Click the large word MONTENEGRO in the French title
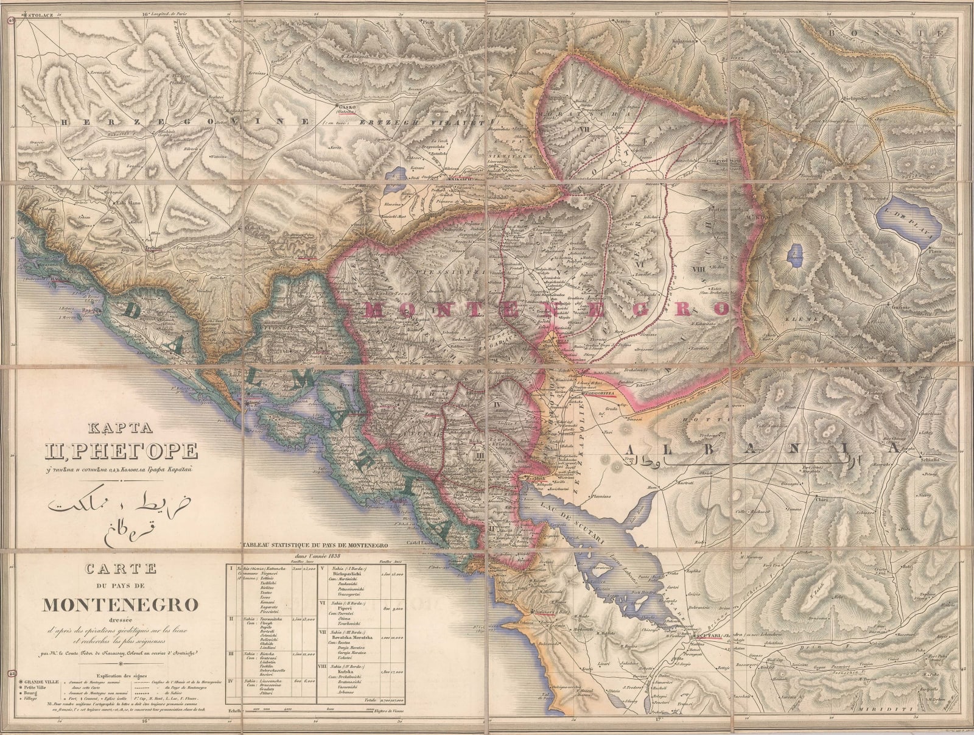[120, 604]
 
